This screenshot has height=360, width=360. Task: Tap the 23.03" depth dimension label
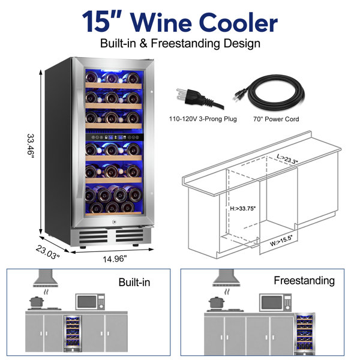[x=48, y=252]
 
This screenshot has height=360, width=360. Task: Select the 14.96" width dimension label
[x=115, y=259]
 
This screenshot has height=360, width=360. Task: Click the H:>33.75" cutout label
[x=242, y=208]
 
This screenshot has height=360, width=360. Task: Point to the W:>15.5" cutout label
[x=281, y=241]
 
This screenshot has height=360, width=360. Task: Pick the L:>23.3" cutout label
[x=287, y=159]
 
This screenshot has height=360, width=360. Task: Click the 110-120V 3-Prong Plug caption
[x=203, y=119]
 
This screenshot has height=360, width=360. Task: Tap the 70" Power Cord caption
[x=276, y=119]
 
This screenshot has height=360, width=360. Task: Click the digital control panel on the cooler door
[x=115, y=137]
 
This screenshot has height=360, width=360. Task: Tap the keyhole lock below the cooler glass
[x=114, y=222]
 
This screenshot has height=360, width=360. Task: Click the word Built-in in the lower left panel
[x=134, y=282]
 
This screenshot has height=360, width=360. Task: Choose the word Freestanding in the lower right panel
[x=304, y=281]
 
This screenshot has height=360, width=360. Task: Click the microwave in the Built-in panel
[x=90, y=302]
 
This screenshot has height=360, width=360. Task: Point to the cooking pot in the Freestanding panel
[x=217, y=302]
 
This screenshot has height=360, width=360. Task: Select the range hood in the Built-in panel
[x=46, y=278]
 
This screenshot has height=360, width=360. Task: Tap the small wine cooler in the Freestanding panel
[x=304, y=334]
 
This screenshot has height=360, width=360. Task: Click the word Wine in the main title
[x=161, y=23]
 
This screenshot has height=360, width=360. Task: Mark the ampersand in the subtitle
[x=143, y=43]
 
